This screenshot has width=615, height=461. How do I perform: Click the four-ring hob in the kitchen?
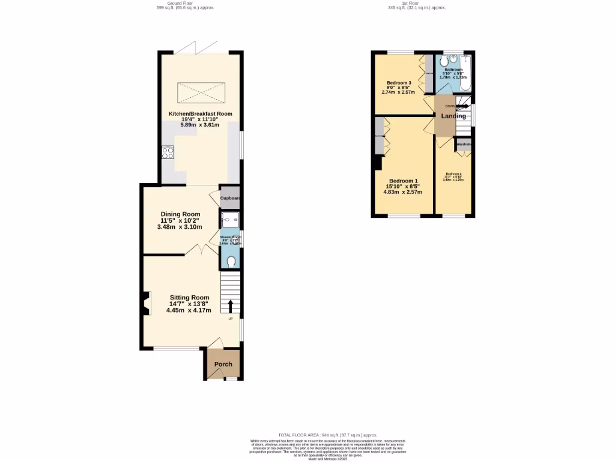[168, 152]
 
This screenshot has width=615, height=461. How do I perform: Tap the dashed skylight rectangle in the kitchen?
[200, 92]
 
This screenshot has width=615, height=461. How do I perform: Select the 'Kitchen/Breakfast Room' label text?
[200, 113]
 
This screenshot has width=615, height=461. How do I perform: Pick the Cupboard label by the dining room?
[230, 198]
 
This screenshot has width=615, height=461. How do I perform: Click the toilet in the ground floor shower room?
[231, 261]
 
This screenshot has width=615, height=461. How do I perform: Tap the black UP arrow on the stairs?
[231, 305]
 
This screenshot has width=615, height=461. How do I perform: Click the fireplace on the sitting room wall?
[146, 303]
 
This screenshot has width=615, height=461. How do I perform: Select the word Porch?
[223, 364]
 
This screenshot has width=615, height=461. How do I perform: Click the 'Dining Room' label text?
[180, 214]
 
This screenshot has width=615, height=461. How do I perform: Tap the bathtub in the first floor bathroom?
[465, 72]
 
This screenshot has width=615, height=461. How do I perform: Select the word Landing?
[454, 116]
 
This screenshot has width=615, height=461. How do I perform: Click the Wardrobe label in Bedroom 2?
[464, 145]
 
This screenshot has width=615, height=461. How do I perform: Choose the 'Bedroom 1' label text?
[404, 181]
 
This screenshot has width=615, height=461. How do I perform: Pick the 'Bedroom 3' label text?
[399, 83]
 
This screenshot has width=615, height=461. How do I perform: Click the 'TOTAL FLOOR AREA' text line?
[328, 435]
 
